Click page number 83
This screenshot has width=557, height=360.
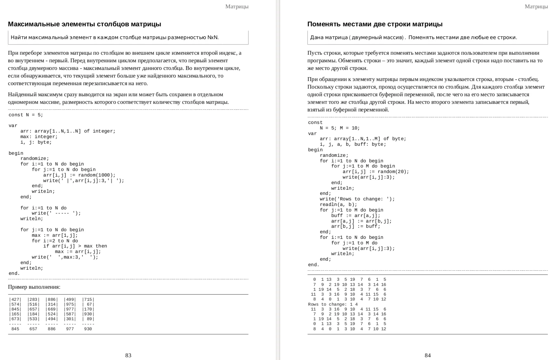[128, 355]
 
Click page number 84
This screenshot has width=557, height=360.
[428, 355]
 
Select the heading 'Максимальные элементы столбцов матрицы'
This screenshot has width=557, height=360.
[84, 24]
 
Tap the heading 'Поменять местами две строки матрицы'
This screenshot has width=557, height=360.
[375, 24]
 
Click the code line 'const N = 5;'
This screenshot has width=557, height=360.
[26, 115]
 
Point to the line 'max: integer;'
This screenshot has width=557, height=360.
[39, 137]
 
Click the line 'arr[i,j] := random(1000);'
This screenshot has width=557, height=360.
[79, 175]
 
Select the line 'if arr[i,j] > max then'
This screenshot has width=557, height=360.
[75, 246]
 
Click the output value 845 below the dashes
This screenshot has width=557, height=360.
[15, 329]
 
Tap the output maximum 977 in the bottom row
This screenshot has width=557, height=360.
[70, 329]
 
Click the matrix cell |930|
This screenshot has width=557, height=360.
[88, 314]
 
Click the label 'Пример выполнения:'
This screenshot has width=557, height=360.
[34, 287]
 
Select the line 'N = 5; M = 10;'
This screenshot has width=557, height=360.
[340, 128]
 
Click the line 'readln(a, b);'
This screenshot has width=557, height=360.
[338, 205]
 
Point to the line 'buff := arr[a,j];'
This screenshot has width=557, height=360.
[356, 216]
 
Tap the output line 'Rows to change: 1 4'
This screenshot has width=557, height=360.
[333, 304]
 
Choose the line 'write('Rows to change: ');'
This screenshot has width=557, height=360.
[357, 199]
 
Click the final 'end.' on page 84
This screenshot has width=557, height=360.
[314, 265]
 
